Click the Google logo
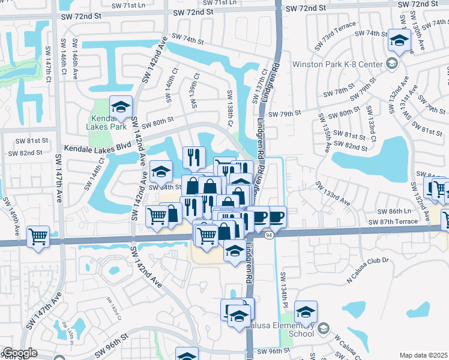pyautogui.click(x=19, y=353)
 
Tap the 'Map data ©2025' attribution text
pyautogui.click(x=424, y=355)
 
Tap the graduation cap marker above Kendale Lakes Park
pyautogui.click(x=121, y=107)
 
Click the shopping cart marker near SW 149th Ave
pyautogui.click(x=38, y=236)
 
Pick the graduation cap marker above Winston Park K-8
pyautogui.click(x=397, y=40)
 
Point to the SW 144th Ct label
pyautogui.click(x=95, y=171)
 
